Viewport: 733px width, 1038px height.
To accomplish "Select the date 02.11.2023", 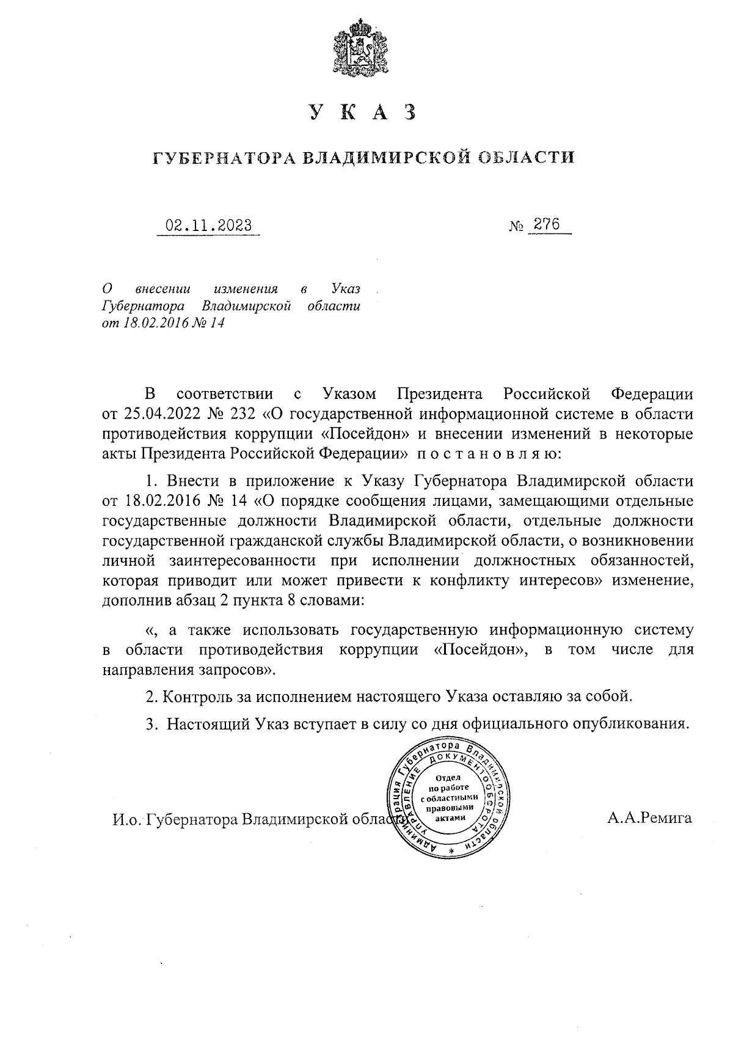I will click(208, 225).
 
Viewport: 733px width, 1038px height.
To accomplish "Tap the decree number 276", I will click(547, 224).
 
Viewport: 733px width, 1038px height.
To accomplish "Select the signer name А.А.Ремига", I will click(649, 818).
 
